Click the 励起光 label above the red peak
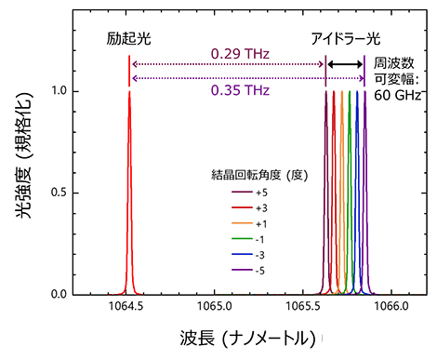128,43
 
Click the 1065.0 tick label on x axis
215,305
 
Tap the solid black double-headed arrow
345,64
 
